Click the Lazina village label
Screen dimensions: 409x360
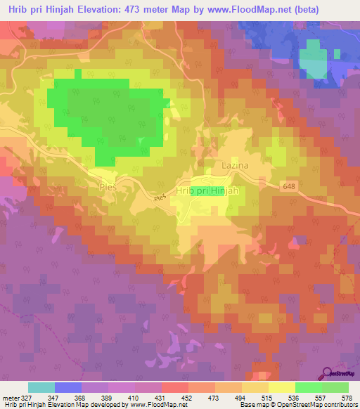(x=235, y=165)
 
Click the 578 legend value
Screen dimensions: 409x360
(x=345, y=398)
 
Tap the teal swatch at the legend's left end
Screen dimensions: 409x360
(x=41, y=387)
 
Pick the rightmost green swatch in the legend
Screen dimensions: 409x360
(x=335, y=387)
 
